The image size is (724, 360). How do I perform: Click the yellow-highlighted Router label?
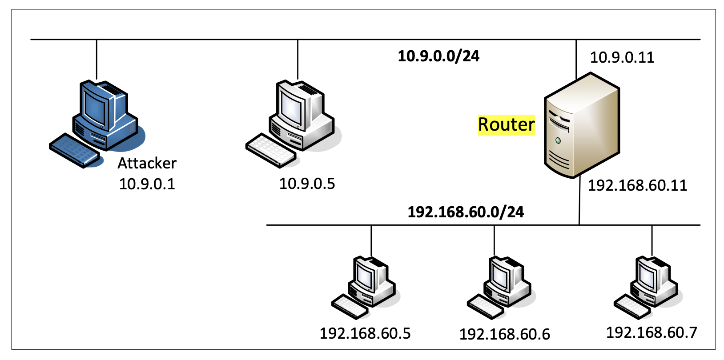[506, 125]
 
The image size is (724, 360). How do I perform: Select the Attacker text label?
[147, 163]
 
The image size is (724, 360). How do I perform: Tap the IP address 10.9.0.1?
[147, 184]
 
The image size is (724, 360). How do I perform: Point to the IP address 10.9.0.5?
[307, 184]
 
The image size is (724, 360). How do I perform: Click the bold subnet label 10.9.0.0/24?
[438, 56]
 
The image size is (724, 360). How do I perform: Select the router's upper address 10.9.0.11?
[622, 57]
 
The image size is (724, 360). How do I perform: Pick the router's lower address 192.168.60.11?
[637, 185]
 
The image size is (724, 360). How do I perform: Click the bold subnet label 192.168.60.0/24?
[466, 212]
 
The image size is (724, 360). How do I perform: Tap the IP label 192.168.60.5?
[365, 333]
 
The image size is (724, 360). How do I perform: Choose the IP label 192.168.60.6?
[504, 334]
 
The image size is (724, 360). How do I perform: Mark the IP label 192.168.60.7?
[652, 332]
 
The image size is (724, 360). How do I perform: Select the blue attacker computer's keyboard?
[74, 151]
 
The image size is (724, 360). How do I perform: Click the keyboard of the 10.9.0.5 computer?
[271, 150]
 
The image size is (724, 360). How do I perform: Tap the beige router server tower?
[581, 127]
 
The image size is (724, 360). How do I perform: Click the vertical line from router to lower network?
[579, 202]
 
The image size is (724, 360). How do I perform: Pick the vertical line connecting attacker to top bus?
[97, 60]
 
